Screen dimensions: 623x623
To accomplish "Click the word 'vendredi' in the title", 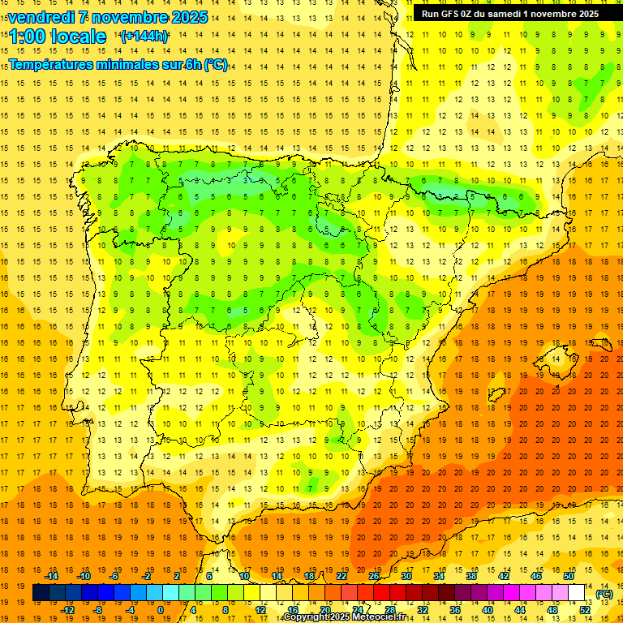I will [41, 17].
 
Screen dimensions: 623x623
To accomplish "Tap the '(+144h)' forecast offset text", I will [144, 36].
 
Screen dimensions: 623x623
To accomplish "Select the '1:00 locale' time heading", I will [57, 37].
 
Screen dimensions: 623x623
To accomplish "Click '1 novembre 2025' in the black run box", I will [561, 13].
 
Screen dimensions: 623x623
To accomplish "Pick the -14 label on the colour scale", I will [51, 576].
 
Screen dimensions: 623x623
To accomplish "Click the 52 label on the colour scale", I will [585, 610].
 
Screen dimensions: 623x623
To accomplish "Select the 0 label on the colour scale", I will [161, 610].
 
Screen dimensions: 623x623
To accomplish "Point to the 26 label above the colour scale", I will [375, 576].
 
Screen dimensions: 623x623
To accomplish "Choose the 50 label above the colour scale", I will [569, 576].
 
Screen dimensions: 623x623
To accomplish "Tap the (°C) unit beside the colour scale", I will [604, 594].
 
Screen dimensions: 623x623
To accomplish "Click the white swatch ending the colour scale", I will [576, 593].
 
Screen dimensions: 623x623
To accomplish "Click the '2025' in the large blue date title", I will [186, 17].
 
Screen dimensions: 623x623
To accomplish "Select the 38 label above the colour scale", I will [471, 576].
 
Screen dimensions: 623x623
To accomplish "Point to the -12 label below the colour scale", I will [67, 610].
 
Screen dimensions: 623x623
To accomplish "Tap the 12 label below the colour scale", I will [261, 610].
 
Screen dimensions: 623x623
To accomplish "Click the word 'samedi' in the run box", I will [504, 13].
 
